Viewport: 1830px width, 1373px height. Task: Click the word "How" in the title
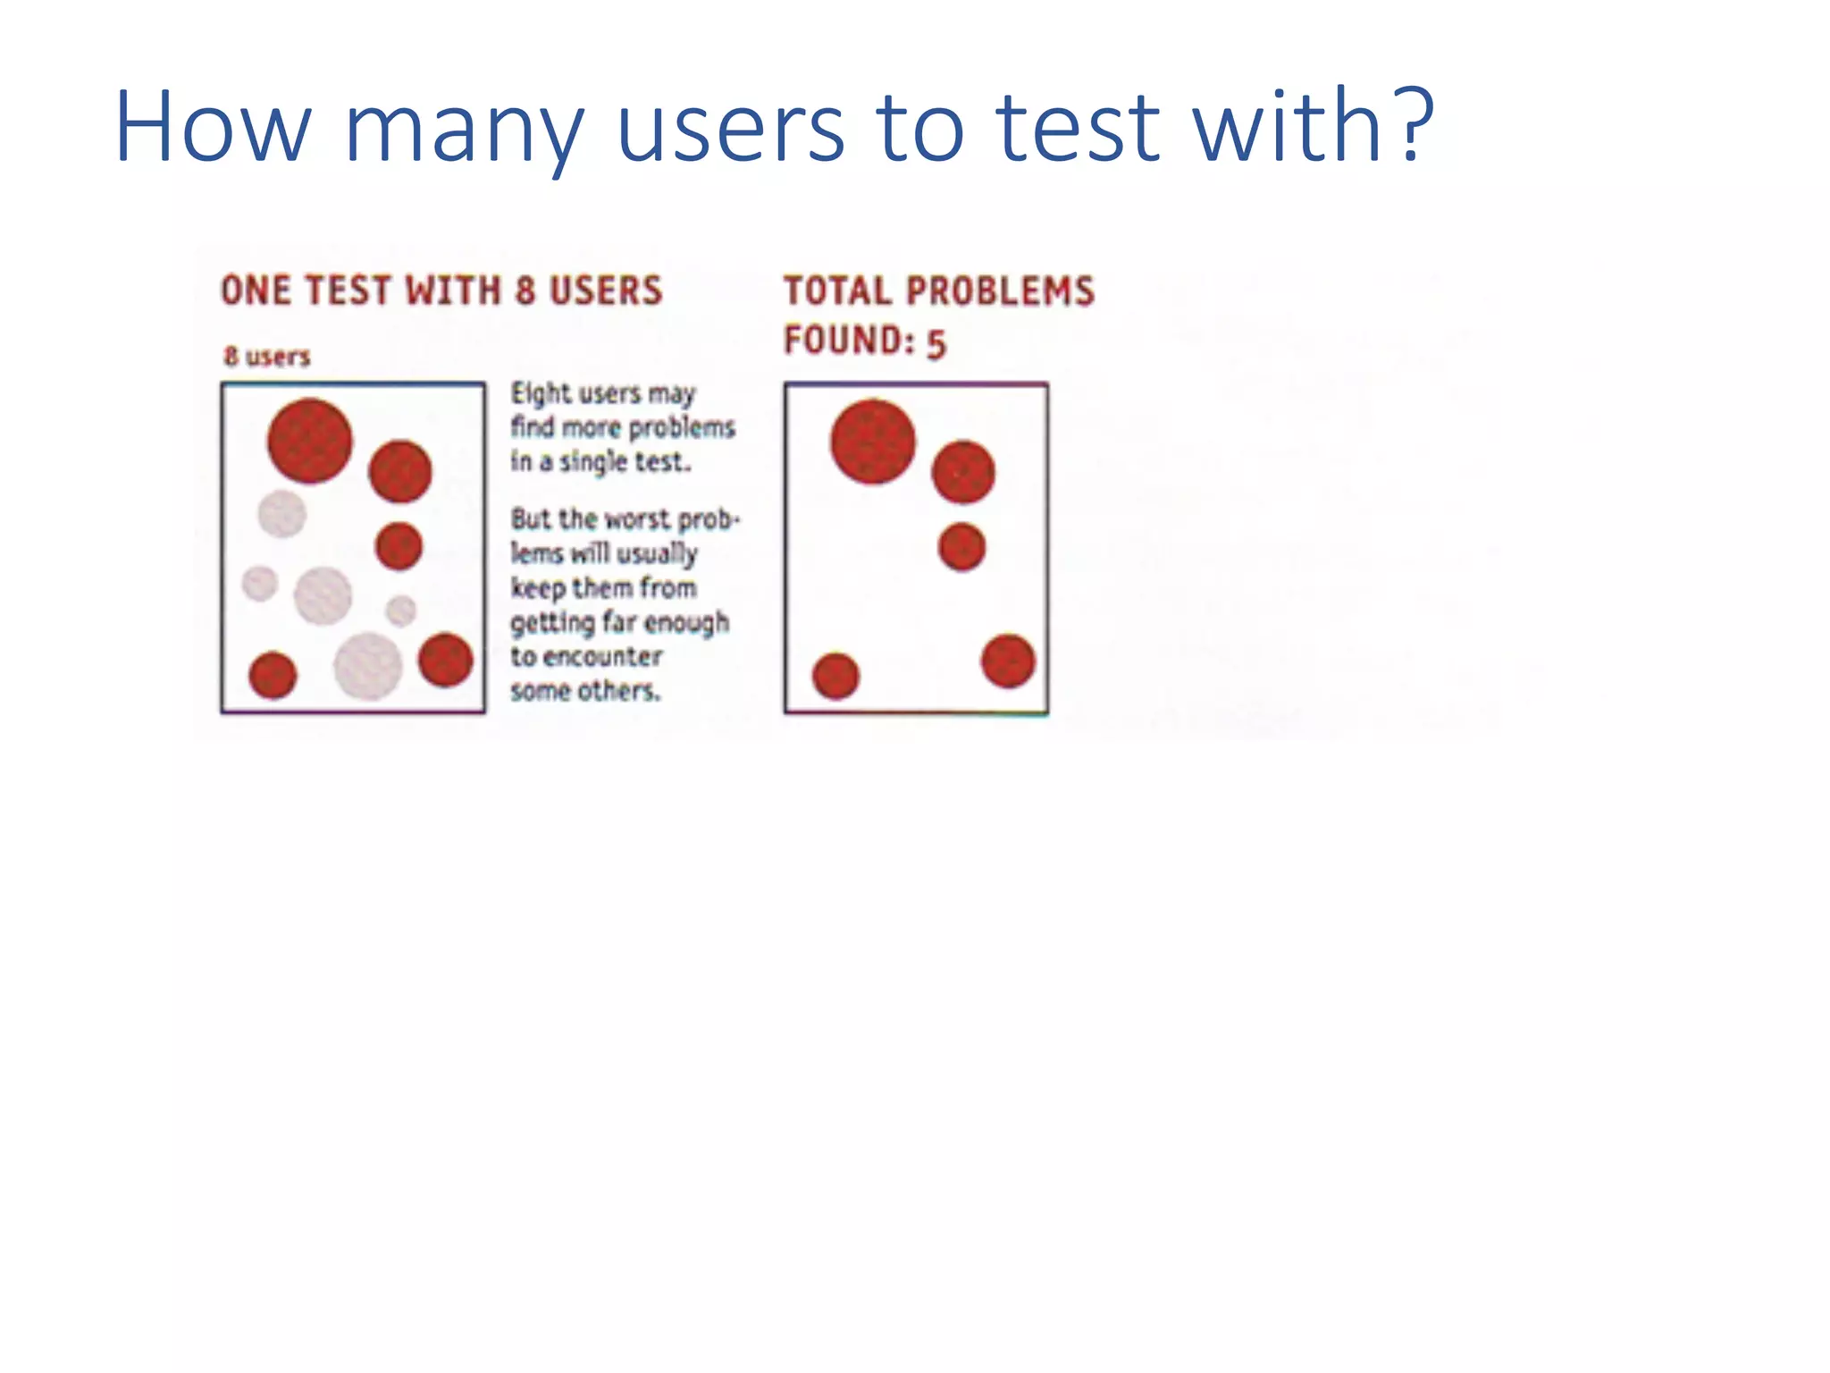point(212,127)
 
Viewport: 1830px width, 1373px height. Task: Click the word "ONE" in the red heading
point(256,291)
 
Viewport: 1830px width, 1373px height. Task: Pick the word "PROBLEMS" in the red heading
point(1000,291)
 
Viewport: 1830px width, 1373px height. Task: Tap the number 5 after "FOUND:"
point(936,344)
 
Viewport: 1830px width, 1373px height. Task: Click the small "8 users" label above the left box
point(266,357)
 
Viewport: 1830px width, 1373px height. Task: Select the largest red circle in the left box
point(310,441)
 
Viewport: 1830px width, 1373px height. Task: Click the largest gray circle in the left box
point(367,666)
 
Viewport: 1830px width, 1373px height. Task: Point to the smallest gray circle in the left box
point(400,611)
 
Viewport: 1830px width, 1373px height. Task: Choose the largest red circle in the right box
point(873,442)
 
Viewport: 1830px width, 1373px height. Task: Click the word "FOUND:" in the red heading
point(849,341)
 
